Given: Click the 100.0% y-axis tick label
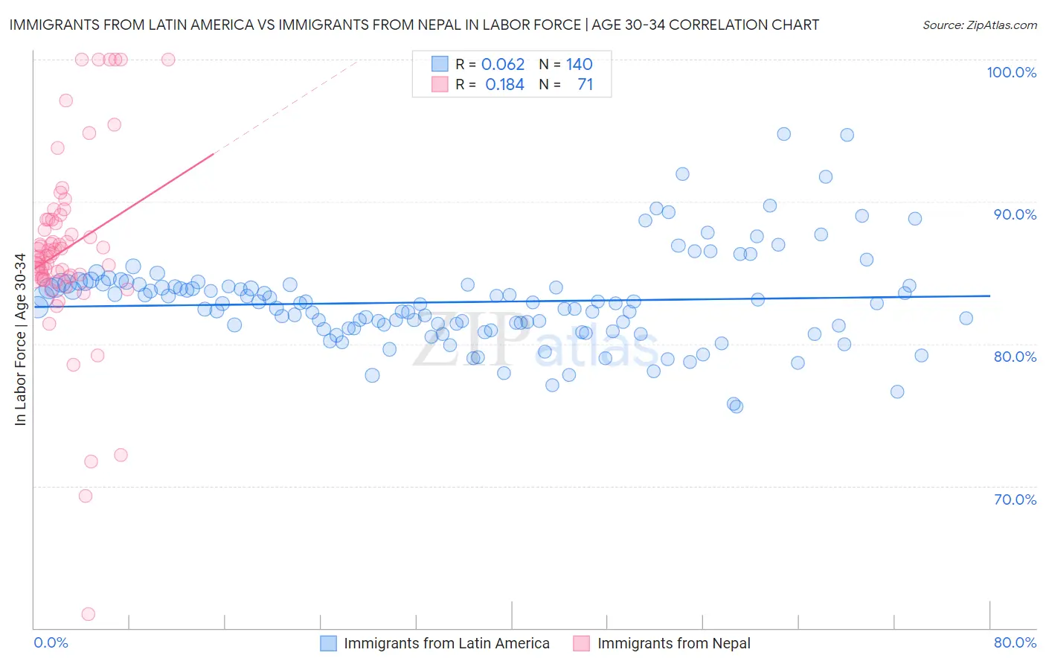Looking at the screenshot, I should coord(1011,72).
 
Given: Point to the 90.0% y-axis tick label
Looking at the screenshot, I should coord(1015,214).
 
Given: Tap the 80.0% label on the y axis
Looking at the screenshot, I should coord(1015,357).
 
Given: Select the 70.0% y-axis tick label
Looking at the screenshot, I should coord(1015,499).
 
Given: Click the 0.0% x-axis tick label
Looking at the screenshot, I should coord(51,642).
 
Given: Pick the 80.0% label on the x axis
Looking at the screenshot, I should coord(1015,642).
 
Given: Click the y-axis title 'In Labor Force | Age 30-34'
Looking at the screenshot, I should coord(20,339).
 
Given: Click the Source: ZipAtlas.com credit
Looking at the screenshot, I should coord(979,25).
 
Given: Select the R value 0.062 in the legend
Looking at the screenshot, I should coord(503,64).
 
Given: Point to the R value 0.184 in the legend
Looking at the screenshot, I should coord(504,85).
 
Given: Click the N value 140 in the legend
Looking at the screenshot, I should coord(579,64).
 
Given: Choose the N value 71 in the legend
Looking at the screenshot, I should coord(585,85).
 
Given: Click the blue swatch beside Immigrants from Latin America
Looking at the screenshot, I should coord(329,643).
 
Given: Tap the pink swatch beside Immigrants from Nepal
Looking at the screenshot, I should coord(582,643).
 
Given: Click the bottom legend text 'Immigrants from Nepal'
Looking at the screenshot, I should coord(673,643).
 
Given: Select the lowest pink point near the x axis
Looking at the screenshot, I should coord(88,614).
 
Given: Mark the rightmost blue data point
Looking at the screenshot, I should coord(966,319).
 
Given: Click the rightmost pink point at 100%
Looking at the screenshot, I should coord(168,60).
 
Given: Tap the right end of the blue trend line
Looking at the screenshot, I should coord(989,296).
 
